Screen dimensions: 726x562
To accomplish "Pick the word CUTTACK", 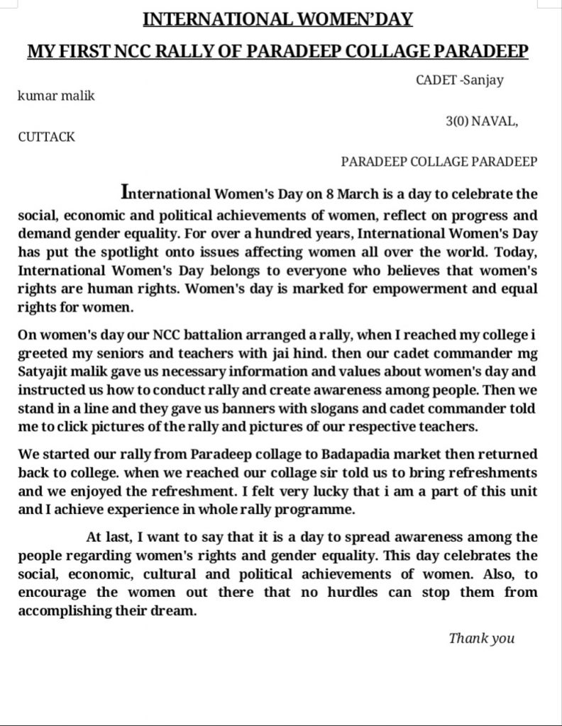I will pos(46,137).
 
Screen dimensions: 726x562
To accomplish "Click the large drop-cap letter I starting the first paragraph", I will pos(126,191).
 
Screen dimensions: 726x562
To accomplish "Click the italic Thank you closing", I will pos(481,638).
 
